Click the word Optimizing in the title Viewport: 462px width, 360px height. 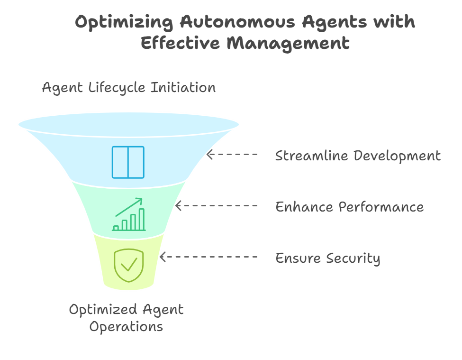124,22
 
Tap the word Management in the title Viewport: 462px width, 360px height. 288,43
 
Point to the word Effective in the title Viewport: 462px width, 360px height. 181,43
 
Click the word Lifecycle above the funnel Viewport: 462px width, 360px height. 117,88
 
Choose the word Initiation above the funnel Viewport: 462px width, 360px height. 183,87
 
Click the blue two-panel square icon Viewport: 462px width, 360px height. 128,163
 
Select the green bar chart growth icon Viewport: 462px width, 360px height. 129,214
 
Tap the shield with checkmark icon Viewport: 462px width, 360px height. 129,265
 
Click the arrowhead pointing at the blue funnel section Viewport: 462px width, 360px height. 209,155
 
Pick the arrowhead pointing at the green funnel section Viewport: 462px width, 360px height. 178,205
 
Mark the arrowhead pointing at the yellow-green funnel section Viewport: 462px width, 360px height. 163,257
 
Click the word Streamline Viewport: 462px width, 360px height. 311,156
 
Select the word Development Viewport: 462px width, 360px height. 397,156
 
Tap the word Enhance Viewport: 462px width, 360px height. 304,207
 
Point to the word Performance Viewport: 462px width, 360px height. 381,207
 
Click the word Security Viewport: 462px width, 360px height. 353,258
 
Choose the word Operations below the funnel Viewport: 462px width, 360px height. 126,327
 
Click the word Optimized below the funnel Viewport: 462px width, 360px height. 103,310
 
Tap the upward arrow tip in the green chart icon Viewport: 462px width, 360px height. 142,199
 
